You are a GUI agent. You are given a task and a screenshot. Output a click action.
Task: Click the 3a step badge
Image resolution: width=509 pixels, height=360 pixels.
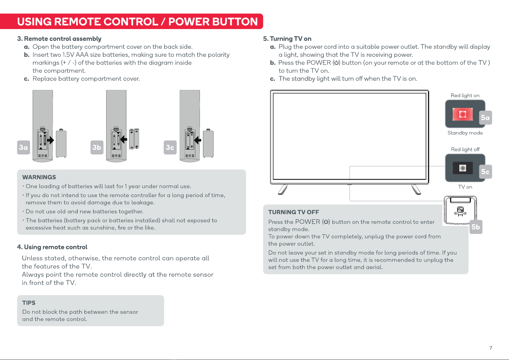click(24, 148)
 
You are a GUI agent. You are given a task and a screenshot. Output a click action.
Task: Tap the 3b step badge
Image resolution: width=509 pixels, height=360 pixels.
click(97, 148)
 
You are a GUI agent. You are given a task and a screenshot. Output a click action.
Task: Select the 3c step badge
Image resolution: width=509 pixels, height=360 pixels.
click(170, 148)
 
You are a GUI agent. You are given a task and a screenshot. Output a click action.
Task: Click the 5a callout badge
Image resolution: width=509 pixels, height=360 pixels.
click(485, 118)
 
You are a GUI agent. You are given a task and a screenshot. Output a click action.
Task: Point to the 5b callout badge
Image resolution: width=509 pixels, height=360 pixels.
click(476, 227)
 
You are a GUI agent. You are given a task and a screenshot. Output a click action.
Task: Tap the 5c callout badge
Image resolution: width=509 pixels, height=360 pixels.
click(485, 171)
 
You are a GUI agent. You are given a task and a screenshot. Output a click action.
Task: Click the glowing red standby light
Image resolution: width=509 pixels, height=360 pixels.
click(463, 114)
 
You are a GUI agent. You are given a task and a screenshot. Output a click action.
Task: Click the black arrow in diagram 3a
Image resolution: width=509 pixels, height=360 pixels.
click(50, 140)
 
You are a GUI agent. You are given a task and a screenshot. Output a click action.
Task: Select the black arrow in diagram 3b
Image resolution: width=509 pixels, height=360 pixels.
click(124, 139)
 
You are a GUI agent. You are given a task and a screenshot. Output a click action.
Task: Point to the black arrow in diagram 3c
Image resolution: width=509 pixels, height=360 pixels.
click(197, 140)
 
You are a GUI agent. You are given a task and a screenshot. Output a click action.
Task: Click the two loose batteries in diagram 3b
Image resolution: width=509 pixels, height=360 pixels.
click(134, 139)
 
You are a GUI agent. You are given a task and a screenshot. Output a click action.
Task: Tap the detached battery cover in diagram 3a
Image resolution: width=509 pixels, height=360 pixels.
click(61, 143)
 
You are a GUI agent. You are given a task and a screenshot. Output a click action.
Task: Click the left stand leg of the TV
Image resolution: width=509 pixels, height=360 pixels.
click(283, 190)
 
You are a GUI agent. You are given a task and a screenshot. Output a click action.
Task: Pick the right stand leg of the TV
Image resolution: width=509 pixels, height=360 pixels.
click(416, 190)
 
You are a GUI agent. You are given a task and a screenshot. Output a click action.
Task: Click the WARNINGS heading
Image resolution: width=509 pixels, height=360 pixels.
click(39, 177)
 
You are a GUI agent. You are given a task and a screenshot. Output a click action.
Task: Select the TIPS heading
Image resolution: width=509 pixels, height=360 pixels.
click(29, 303)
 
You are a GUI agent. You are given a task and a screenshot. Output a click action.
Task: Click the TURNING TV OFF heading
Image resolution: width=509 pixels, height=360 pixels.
click(294, 212)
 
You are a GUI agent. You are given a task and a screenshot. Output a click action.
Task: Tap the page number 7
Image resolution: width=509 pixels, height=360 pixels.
click(491, 348)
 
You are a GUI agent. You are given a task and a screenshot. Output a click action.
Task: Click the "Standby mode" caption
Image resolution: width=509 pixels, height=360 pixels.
click(465, 133)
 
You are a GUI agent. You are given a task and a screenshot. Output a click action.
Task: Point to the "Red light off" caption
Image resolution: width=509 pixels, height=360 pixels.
click(465, 149)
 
